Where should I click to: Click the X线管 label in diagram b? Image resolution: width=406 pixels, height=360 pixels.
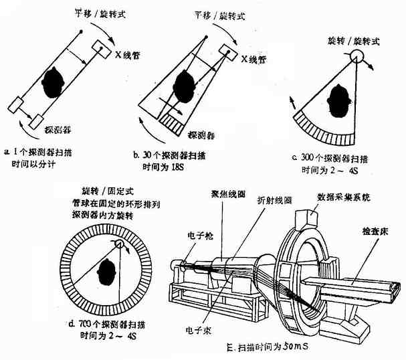(252, 59)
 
